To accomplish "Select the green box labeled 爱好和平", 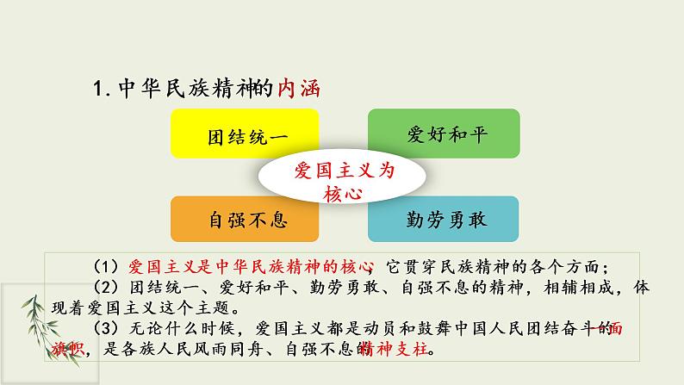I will [444, 136].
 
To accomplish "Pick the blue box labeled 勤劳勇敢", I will [444, 219].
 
